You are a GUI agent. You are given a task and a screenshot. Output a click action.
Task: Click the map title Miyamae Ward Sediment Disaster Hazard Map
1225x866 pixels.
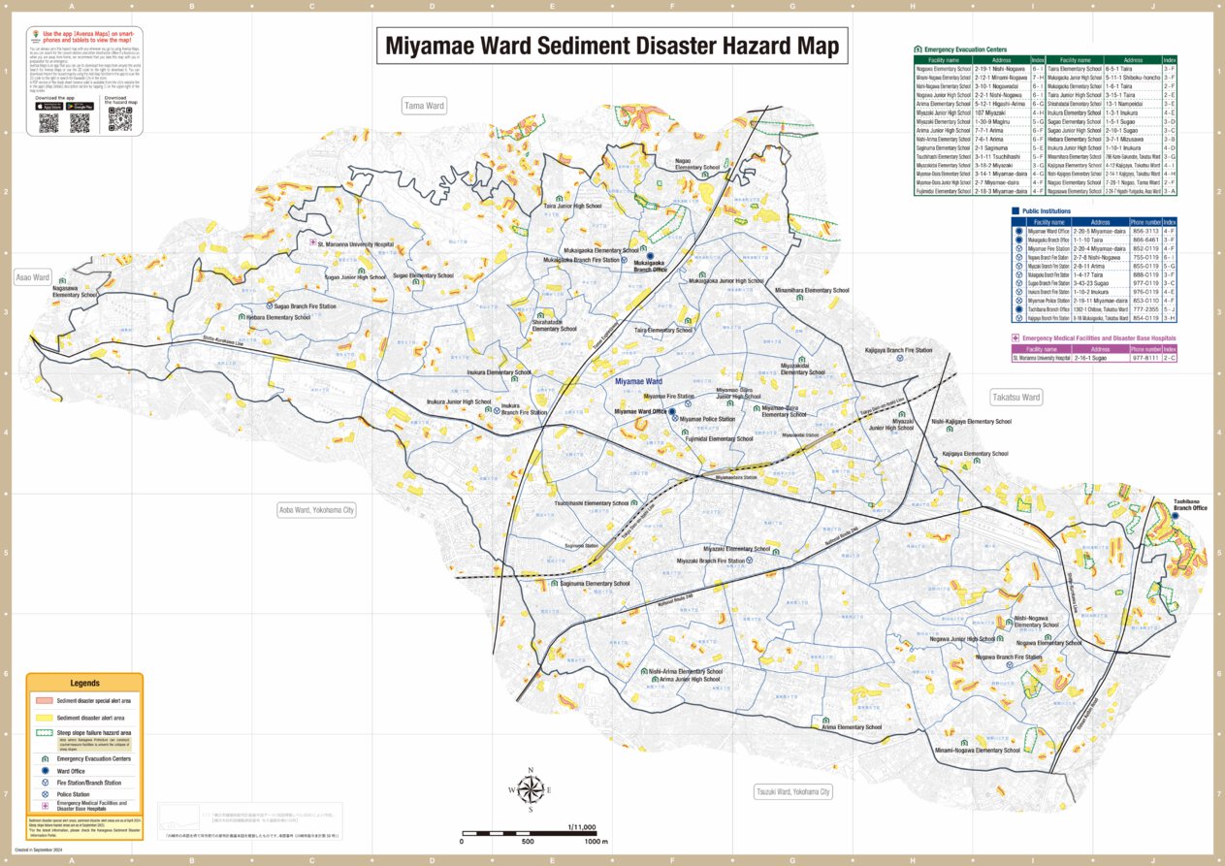click(612, 46)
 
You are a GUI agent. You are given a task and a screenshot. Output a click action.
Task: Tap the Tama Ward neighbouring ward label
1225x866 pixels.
click(424, 106)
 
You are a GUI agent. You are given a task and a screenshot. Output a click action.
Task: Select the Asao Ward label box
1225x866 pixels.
click(32, 277)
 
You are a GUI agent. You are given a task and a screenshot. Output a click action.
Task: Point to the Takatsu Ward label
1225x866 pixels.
click(1015, 398)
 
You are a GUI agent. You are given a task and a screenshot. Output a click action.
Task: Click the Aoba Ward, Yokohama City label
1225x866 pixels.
click(316, 510)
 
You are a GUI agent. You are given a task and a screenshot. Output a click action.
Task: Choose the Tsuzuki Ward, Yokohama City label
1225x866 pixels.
click(793, 792)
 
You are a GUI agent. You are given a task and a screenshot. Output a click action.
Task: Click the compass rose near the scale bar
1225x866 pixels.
click(531, 789)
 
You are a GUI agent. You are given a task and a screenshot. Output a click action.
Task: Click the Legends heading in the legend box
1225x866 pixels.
click(84, 684)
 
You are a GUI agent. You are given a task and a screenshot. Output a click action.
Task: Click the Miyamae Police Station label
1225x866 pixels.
click(707, 419)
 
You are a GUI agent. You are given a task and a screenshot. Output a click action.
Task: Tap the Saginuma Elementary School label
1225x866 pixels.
click(595, 584)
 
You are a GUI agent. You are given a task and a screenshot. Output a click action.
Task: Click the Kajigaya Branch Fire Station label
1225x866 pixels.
click(898, 350)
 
